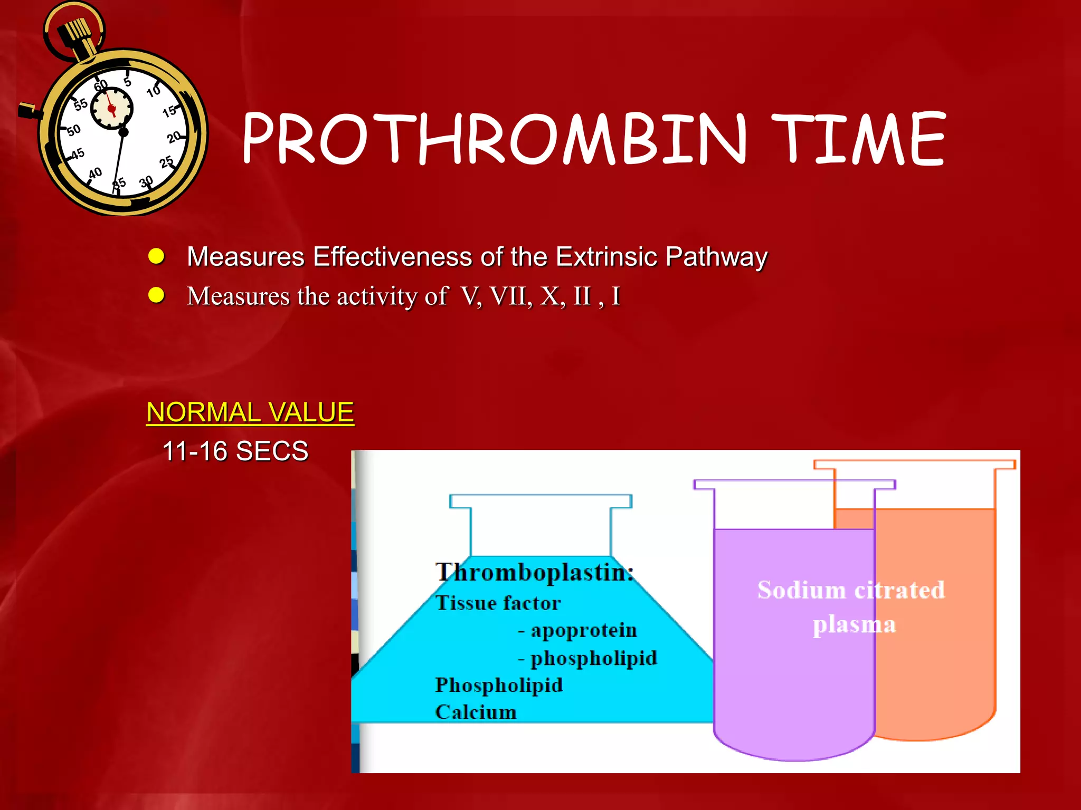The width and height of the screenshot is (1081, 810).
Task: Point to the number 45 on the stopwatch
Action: pyautogui.click(x=78, y=154)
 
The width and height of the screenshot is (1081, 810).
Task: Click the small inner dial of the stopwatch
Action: pyautogui.click(x=111, y=108)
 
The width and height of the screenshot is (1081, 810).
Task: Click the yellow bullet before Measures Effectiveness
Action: pyautogui.click(x=156, y=257)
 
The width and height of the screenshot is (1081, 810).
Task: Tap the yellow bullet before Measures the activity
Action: pyautogui.click(x=156, y=295)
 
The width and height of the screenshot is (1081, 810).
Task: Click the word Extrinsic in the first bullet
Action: pyautogui.click(x=607, y=257)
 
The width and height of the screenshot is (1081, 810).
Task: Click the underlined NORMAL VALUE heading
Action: pyautogui.click(x=250, y=412)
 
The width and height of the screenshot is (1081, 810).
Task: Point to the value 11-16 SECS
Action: pyautogui.click(x=235, y=451)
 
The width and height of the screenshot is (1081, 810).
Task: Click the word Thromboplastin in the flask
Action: pyautogui.click(x=533, y=572)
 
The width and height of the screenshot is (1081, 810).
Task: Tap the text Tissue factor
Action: pyautogui.click(x=498, y=603)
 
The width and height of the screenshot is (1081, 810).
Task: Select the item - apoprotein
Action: pyautogui.click(x=577, y=631)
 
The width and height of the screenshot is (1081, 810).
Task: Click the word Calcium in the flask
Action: pyautogui.click(x=475, y=712)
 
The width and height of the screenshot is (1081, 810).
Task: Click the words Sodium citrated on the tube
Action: pyautogui.click(x=850, y=590)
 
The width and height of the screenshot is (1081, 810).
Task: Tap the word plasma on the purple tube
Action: pyautogui.click(x=854, y=625)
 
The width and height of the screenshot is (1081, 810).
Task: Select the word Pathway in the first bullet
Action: pyautogui.click(x=716, y=257)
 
